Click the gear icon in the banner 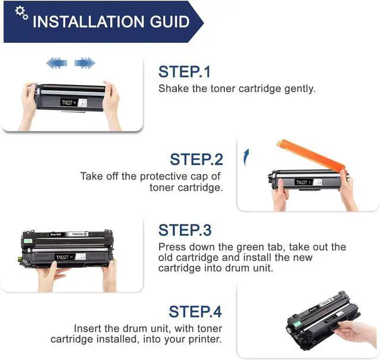pos(21,13)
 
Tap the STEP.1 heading pos(185,72)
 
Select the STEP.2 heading pos(197,159)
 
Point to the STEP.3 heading pos(185,230)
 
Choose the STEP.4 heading pos(195,311)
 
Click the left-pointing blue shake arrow pos(57,63)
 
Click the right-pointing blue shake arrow pos(85,63)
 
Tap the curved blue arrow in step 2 pos(246,157)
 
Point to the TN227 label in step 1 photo pos(67,103)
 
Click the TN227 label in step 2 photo pos(302,182)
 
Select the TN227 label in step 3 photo pos(62,257)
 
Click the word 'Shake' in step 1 pos(173,89)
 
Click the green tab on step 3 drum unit pos(28,241)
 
